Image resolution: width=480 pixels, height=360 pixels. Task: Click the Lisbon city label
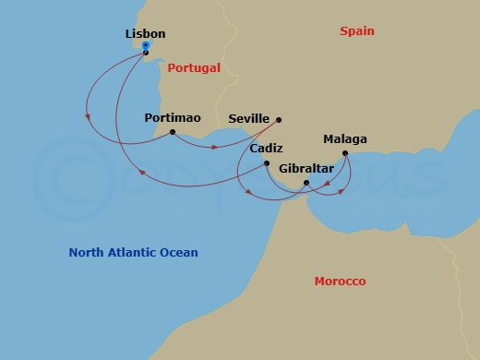(x=145, y=34)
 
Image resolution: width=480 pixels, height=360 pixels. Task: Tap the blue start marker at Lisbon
(x=146, y=45)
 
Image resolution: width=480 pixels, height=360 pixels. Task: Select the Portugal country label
(x=194, y=67)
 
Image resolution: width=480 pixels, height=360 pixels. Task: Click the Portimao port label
(x=172, y=118)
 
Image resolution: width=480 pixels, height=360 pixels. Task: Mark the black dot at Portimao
(x=173, y=132)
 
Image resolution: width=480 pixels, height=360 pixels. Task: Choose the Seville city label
(x=248, y=119)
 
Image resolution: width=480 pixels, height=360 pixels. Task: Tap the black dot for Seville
(x=279, y=119)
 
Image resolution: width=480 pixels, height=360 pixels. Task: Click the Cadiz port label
(x=266, y=149)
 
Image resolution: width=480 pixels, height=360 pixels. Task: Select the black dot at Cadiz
(x=267, y=163)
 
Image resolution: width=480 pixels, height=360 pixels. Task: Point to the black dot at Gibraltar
(x=306, y=183)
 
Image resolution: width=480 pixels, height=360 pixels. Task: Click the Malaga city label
(x=344, y=139)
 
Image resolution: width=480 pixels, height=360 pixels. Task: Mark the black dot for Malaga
(x=344, y=153)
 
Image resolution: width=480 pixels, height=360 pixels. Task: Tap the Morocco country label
(x=340, y=281)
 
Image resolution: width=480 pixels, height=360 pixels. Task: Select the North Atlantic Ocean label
(x=134, y=252)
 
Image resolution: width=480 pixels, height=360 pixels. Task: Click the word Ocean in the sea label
(x=178, y=252)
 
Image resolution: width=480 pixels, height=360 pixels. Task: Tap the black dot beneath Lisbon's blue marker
(x=146, y=53)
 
